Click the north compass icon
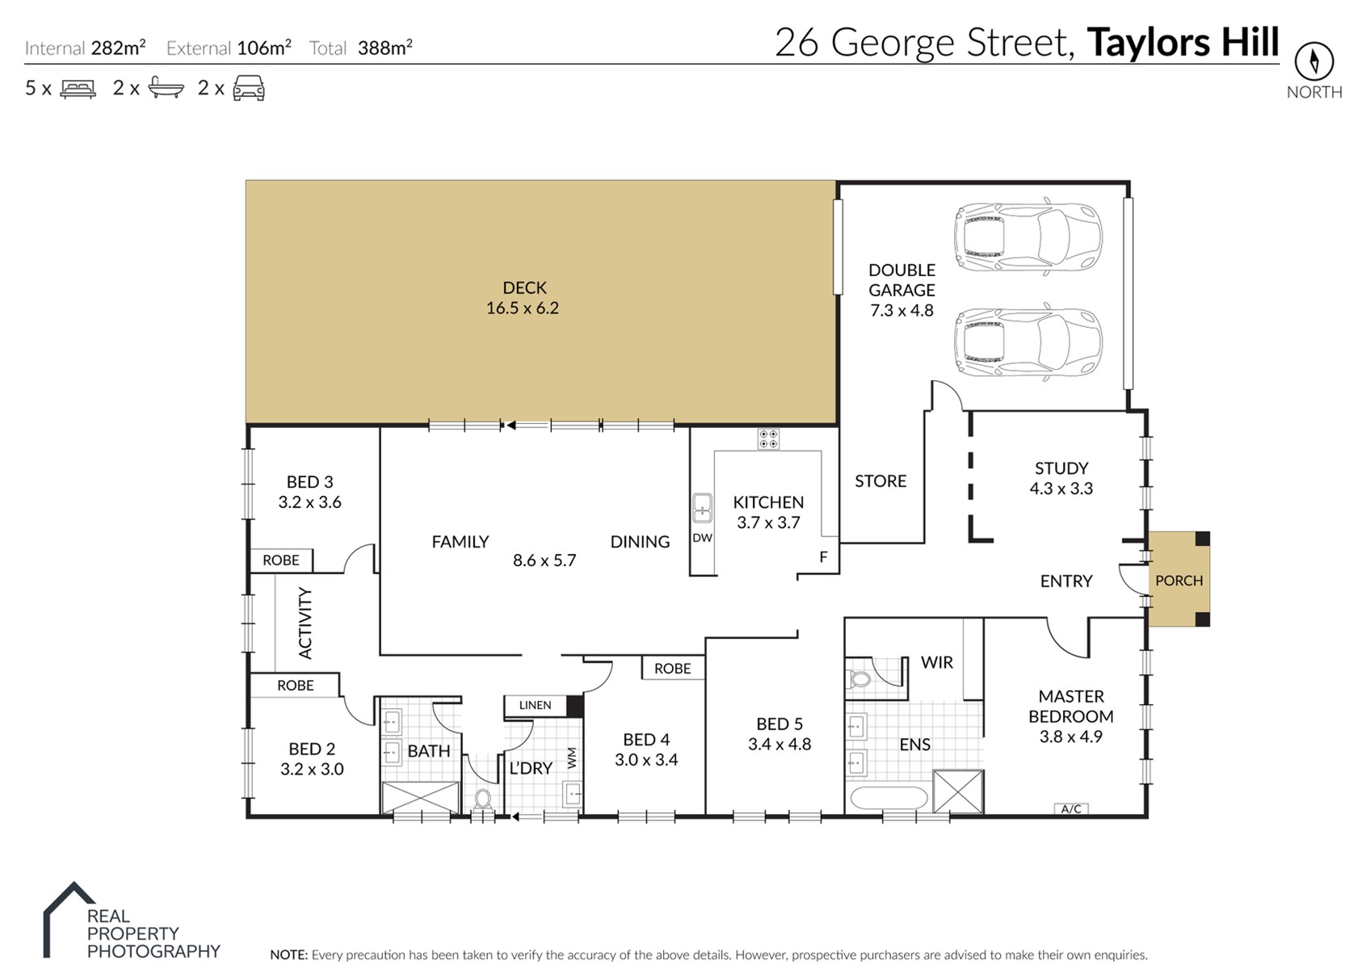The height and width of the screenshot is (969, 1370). (1313, 61)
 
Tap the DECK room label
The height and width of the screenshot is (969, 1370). (524, 288)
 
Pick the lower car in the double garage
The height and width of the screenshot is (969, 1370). (1027, 341)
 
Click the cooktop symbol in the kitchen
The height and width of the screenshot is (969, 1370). (768, 438)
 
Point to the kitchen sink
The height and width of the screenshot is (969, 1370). (702, 508)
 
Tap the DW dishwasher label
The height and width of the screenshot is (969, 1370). (702, 538)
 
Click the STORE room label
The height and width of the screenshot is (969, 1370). (880, 481)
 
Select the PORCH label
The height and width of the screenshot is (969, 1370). (1179, 580)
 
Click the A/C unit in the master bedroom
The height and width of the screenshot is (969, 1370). (1071, 808)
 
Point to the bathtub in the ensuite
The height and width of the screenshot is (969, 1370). (889, 799)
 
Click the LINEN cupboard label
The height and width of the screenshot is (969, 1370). (535, 705)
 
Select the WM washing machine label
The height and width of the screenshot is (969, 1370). (572, 758)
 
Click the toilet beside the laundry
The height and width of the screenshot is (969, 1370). (482, 799)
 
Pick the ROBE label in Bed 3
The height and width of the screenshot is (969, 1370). (281, 560)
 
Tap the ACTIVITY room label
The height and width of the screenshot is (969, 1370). (305, 623)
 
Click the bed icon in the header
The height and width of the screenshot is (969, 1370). (78, 89)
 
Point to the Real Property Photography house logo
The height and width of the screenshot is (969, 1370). (69, 919)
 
